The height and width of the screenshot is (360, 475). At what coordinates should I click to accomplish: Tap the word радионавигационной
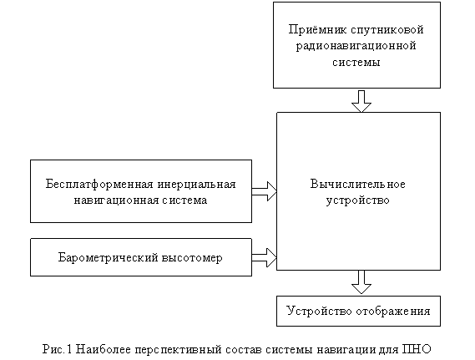coord(356,46)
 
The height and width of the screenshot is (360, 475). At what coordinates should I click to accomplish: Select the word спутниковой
coord(387,30)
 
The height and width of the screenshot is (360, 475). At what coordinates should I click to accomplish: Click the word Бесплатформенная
coord(99,185)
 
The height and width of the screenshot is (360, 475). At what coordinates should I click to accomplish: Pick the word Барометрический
coord(108,258)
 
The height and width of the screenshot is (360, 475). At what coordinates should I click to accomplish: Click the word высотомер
coord(192,258)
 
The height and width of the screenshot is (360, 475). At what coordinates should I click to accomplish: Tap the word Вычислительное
coord(358,185)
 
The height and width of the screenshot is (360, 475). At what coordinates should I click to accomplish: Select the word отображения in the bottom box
coord(393,312)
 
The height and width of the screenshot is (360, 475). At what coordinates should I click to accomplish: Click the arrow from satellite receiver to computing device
coord(361,101)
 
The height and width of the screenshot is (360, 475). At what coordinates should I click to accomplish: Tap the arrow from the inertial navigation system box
coord(264,191)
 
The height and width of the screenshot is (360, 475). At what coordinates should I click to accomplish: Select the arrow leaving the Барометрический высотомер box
coord(264,257)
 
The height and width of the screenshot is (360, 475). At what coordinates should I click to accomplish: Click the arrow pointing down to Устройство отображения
coord(361,282)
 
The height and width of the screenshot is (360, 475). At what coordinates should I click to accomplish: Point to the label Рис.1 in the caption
coord(57,349)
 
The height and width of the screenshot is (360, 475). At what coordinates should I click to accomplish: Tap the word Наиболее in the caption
coord(103,349)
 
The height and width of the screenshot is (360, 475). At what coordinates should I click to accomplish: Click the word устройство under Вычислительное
coord(358,200)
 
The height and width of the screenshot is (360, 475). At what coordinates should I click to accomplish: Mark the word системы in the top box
coord(356,63)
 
